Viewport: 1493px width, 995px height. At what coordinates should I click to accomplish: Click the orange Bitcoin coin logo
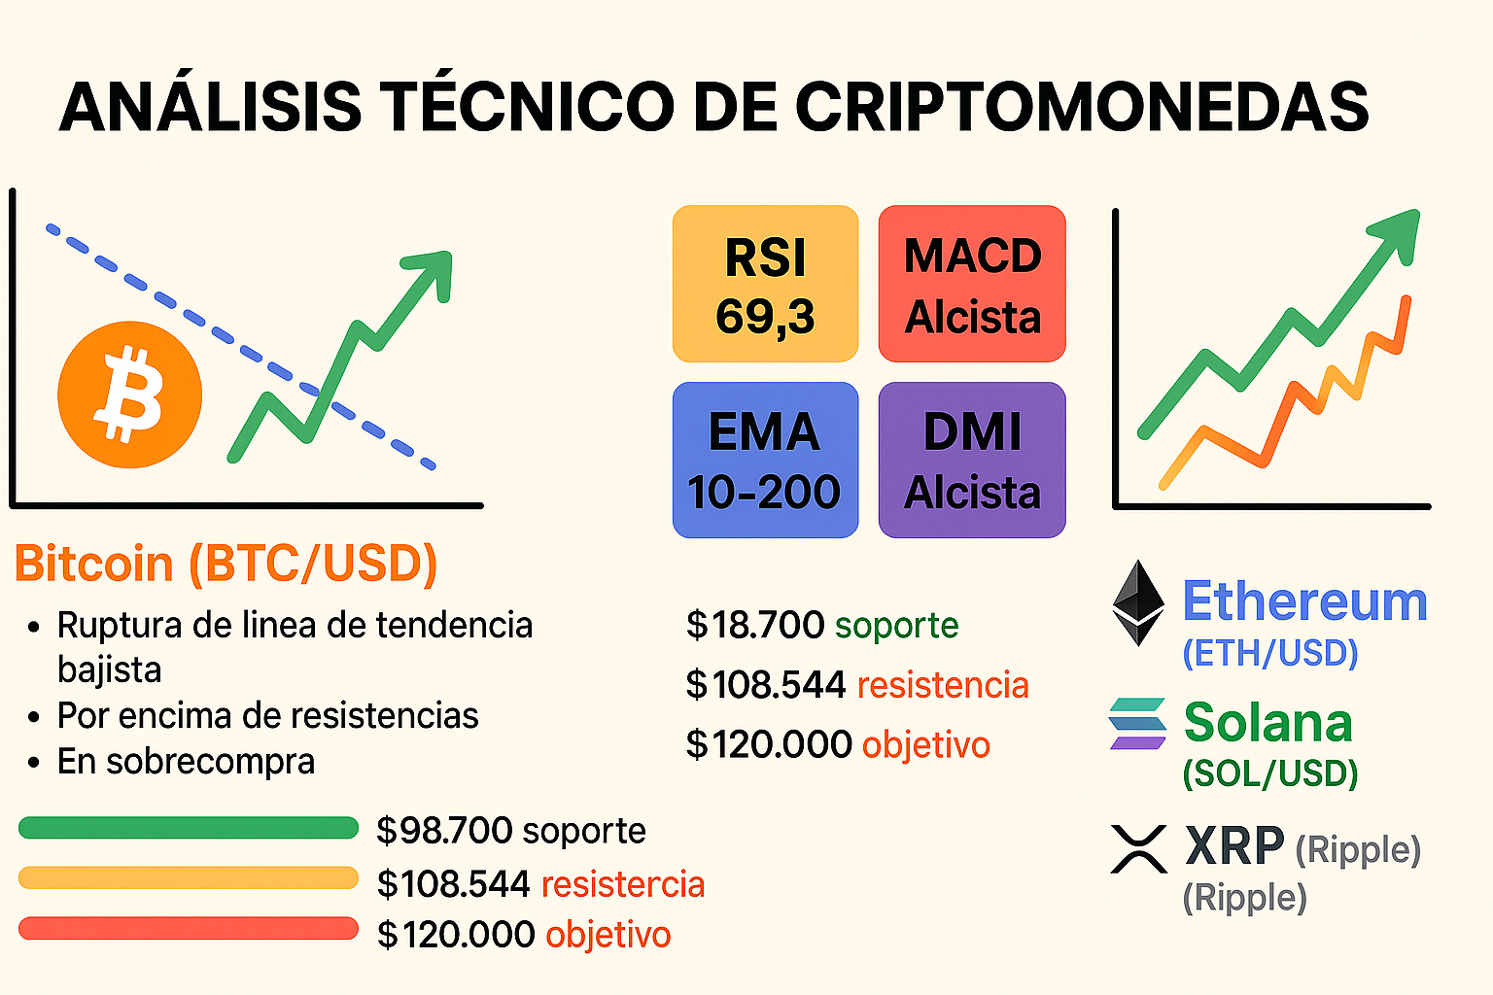[129, 395]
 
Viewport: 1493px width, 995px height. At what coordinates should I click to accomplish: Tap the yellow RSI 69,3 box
[765, 284]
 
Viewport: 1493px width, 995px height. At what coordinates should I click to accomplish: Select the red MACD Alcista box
[972, 284]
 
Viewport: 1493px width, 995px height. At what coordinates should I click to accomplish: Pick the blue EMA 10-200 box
[765, 460]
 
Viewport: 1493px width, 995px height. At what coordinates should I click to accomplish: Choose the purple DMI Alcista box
[972, 460]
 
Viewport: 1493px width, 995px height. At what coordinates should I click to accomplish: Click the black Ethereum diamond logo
[1138, 602]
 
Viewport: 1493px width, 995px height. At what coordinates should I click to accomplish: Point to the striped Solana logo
[1137, 724]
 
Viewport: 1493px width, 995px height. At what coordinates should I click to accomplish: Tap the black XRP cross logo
[1138, 848]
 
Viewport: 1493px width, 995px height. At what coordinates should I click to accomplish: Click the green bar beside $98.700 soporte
[189, 828]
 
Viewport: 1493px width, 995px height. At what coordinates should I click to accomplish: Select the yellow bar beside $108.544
[189, 878]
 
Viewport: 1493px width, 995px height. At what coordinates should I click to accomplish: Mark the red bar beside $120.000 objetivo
[189, 928]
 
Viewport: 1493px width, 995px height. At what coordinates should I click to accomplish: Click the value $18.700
[755, 625]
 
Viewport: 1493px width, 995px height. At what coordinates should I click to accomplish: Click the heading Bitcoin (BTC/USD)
[226, 564]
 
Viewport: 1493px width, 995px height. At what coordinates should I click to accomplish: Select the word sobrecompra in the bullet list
[210, 761]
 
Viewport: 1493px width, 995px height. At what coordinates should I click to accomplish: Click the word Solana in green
[1267, 723]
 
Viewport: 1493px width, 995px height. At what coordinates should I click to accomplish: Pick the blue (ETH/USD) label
[1269, 653]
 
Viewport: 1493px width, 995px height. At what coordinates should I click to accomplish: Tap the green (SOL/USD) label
[1269, 773]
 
